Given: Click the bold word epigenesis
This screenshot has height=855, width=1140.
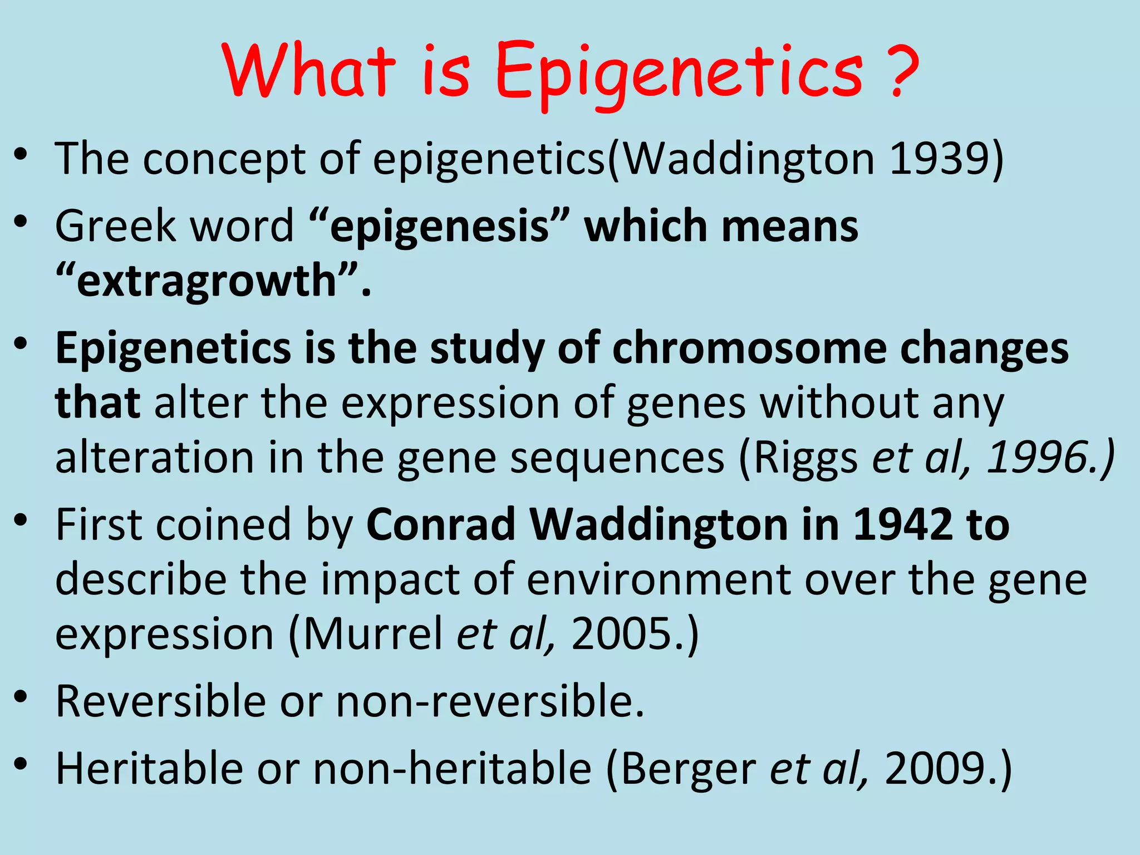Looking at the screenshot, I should pos(439,227).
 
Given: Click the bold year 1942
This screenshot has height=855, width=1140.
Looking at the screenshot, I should pos(902,524).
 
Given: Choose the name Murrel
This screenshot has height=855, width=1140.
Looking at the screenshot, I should pos(372,634).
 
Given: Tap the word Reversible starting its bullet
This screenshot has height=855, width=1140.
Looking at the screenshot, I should pos(161,701).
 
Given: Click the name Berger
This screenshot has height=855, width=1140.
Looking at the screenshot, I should pos(688,769).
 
